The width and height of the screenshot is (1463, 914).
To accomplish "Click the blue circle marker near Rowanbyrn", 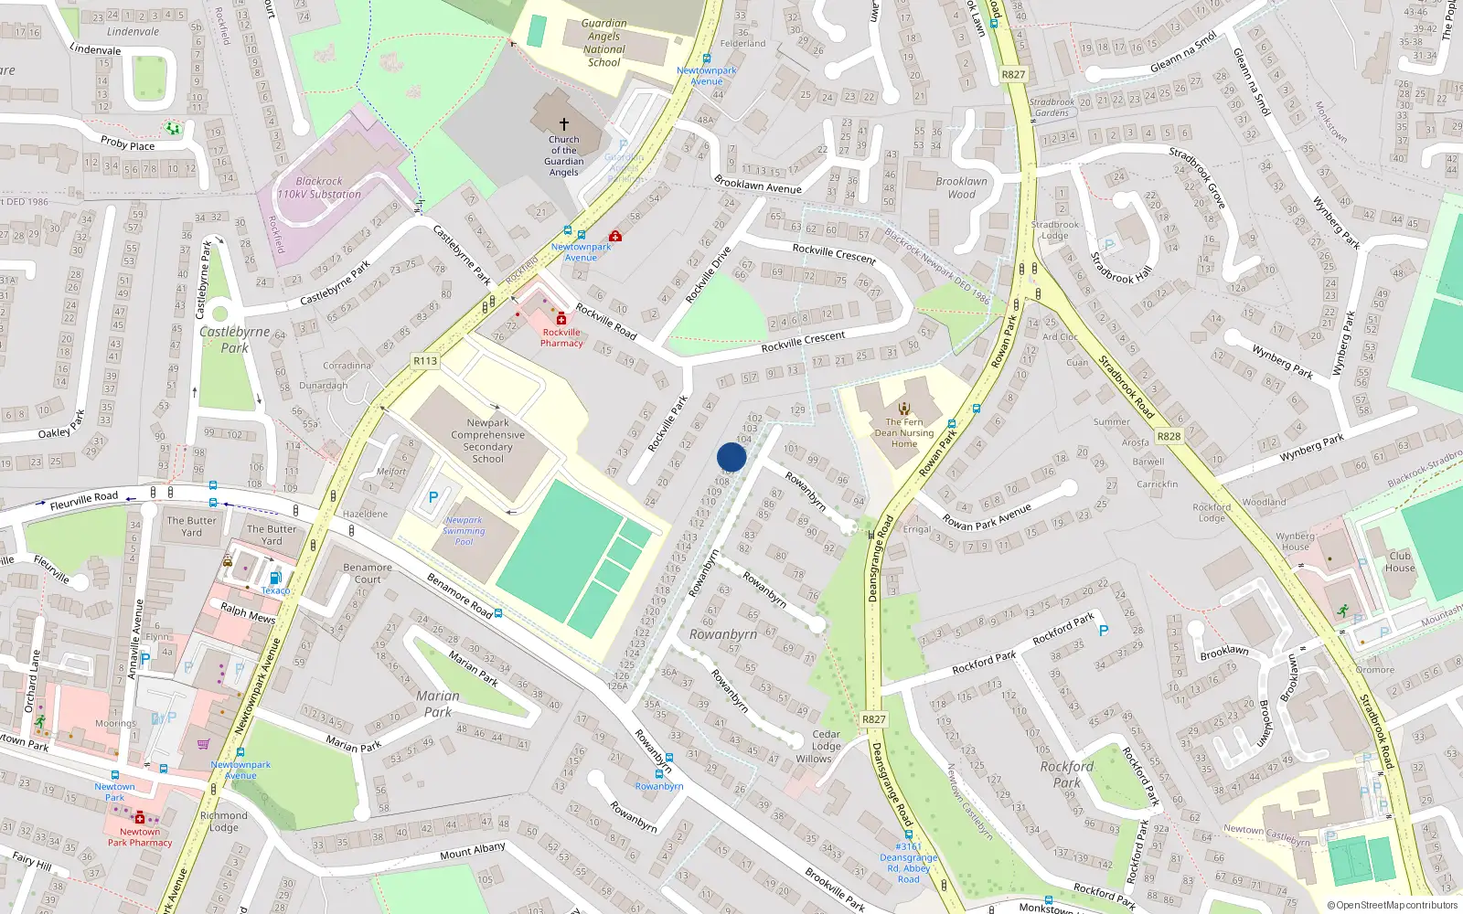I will (731, 457).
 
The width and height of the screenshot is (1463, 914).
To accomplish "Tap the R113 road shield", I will (425, 361).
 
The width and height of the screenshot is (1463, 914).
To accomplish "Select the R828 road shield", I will (1169, 436).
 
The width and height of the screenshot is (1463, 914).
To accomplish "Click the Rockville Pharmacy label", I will (561, 338).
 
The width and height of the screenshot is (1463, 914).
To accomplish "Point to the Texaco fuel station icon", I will (274, 578).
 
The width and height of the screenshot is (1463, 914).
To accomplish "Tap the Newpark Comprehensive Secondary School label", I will (487, 441).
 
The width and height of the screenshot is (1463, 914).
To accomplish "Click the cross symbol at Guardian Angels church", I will (564, 123).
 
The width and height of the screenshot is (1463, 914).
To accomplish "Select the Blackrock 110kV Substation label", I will (319, 187).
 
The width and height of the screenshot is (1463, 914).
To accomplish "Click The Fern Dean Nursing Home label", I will (904, 433).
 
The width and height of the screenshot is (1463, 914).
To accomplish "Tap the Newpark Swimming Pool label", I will (464, 530).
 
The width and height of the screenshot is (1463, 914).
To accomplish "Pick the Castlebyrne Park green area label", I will (234, 339).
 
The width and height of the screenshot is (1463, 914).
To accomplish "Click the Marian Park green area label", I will (437, 703).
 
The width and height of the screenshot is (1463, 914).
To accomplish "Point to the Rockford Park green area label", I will (1066, 774).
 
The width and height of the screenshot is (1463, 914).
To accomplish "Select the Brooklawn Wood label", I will (961, 187).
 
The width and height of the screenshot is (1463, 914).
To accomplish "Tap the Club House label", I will (1400, 561).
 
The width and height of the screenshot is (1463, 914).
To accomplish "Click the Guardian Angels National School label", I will (603, 43).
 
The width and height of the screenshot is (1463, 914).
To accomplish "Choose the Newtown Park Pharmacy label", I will (140, 837).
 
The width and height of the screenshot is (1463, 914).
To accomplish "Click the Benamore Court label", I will (368, 573).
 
